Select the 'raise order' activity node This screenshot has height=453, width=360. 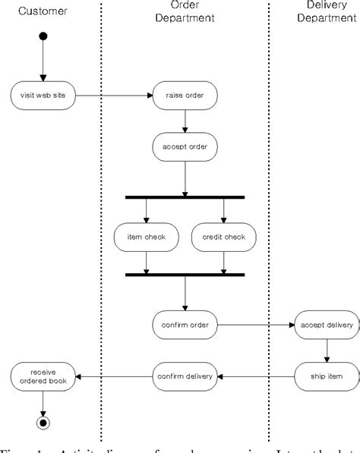[x=185, y=96]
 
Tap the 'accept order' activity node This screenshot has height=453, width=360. [x=185, y=146]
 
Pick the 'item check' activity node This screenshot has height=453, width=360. [x=146, y=237]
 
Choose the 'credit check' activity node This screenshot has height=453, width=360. [x=223, y=237]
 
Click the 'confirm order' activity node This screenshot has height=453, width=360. [x=185, y=325]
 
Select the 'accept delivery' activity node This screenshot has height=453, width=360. [x=327, y=325]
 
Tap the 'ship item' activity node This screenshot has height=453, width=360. [x=327, y=376]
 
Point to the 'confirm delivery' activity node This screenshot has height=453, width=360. [x=185, y=376]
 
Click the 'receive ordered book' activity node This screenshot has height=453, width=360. [x=44, y=376]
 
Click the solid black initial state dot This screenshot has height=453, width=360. [x=44, y=36]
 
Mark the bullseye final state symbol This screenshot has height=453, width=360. [x=44, y=422]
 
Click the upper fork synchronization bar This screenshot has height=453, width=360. [x=185, y=197]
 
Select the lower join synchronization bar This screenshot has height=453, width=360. [x=185, y=274]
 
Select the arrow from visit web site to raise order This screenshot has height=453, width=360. [x=114, y=96]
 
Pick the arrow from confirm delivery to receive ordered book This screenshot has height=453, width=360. [x=114, y=376]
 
